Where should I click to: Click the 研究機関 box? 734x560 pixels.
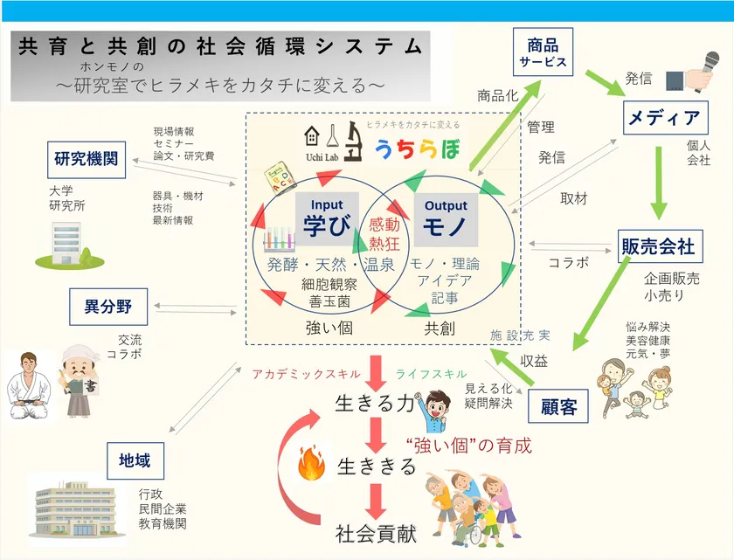(87, 160)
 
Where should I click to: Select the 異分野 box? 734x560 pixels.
(108, 307)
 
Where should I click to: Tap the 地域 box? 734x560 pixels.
(135, 460)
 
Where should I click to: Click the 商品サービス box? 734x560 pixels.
(543, 52)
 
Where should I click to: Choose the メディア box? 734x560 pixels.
(665, 117)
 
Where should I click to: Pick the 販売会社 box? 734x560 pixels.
(660, 246)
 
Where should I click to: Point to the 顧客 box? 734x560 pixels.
(558, 405)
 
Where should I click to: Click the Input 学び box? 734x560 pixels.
(327, 218)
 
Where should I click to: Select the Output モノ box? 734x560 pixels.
(446, 219)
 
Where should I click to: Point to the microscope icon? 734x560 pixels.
(355, 142)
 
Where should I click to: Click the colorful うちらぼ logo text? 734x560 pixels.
(418, 149)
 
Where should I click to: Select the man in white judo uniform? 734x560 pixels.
(29, 385)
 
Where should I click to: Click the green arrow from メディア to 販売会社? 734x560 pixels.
(659, 183)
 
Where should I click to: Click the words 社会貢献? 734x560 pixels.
(376, 534)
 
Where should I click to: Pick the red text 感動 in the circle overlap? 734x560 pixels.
(384, 225)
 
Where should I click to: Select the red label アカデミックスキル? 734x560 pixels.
(306, 374)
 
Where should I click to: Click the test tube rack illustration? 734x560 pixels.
(279, 239)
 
